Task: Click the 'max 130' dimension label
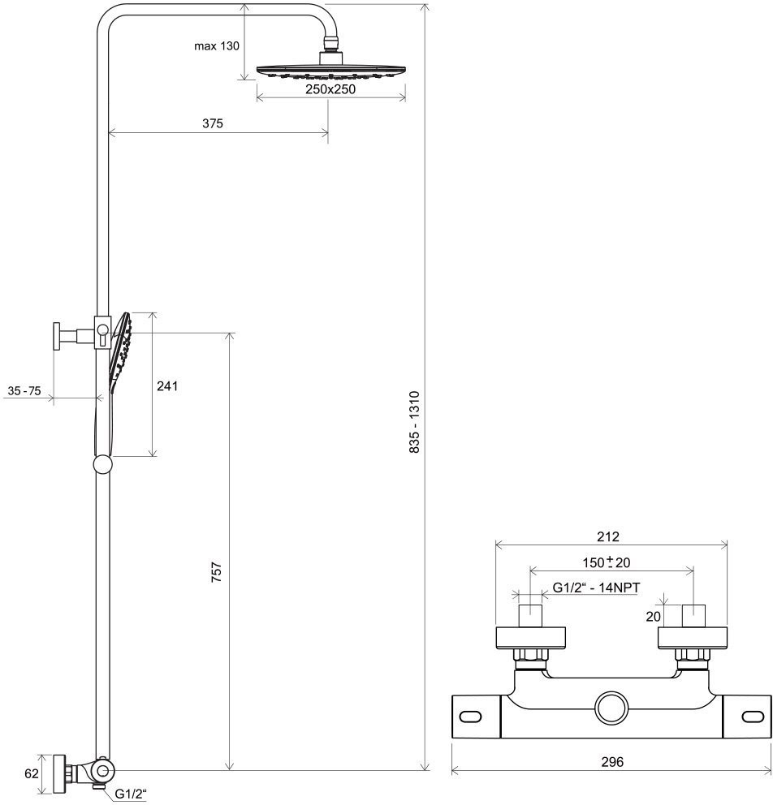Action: [216, 46]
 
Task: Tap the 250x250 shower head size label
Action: [330, 89]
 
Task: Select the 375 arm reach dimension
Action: [213, 123]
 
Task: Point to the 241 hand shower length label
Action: [167, 385]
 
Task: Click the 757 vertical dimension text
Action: [217, 571]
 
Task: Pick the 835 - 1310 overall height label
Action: [414, 422]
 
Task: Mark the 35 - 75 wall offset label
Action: [24, 390]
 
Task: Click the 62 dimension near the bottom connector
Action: [32, 773]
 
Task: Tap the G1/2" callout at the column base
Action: [131, 793]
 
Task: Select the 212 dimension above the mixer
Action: [608, 536]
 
